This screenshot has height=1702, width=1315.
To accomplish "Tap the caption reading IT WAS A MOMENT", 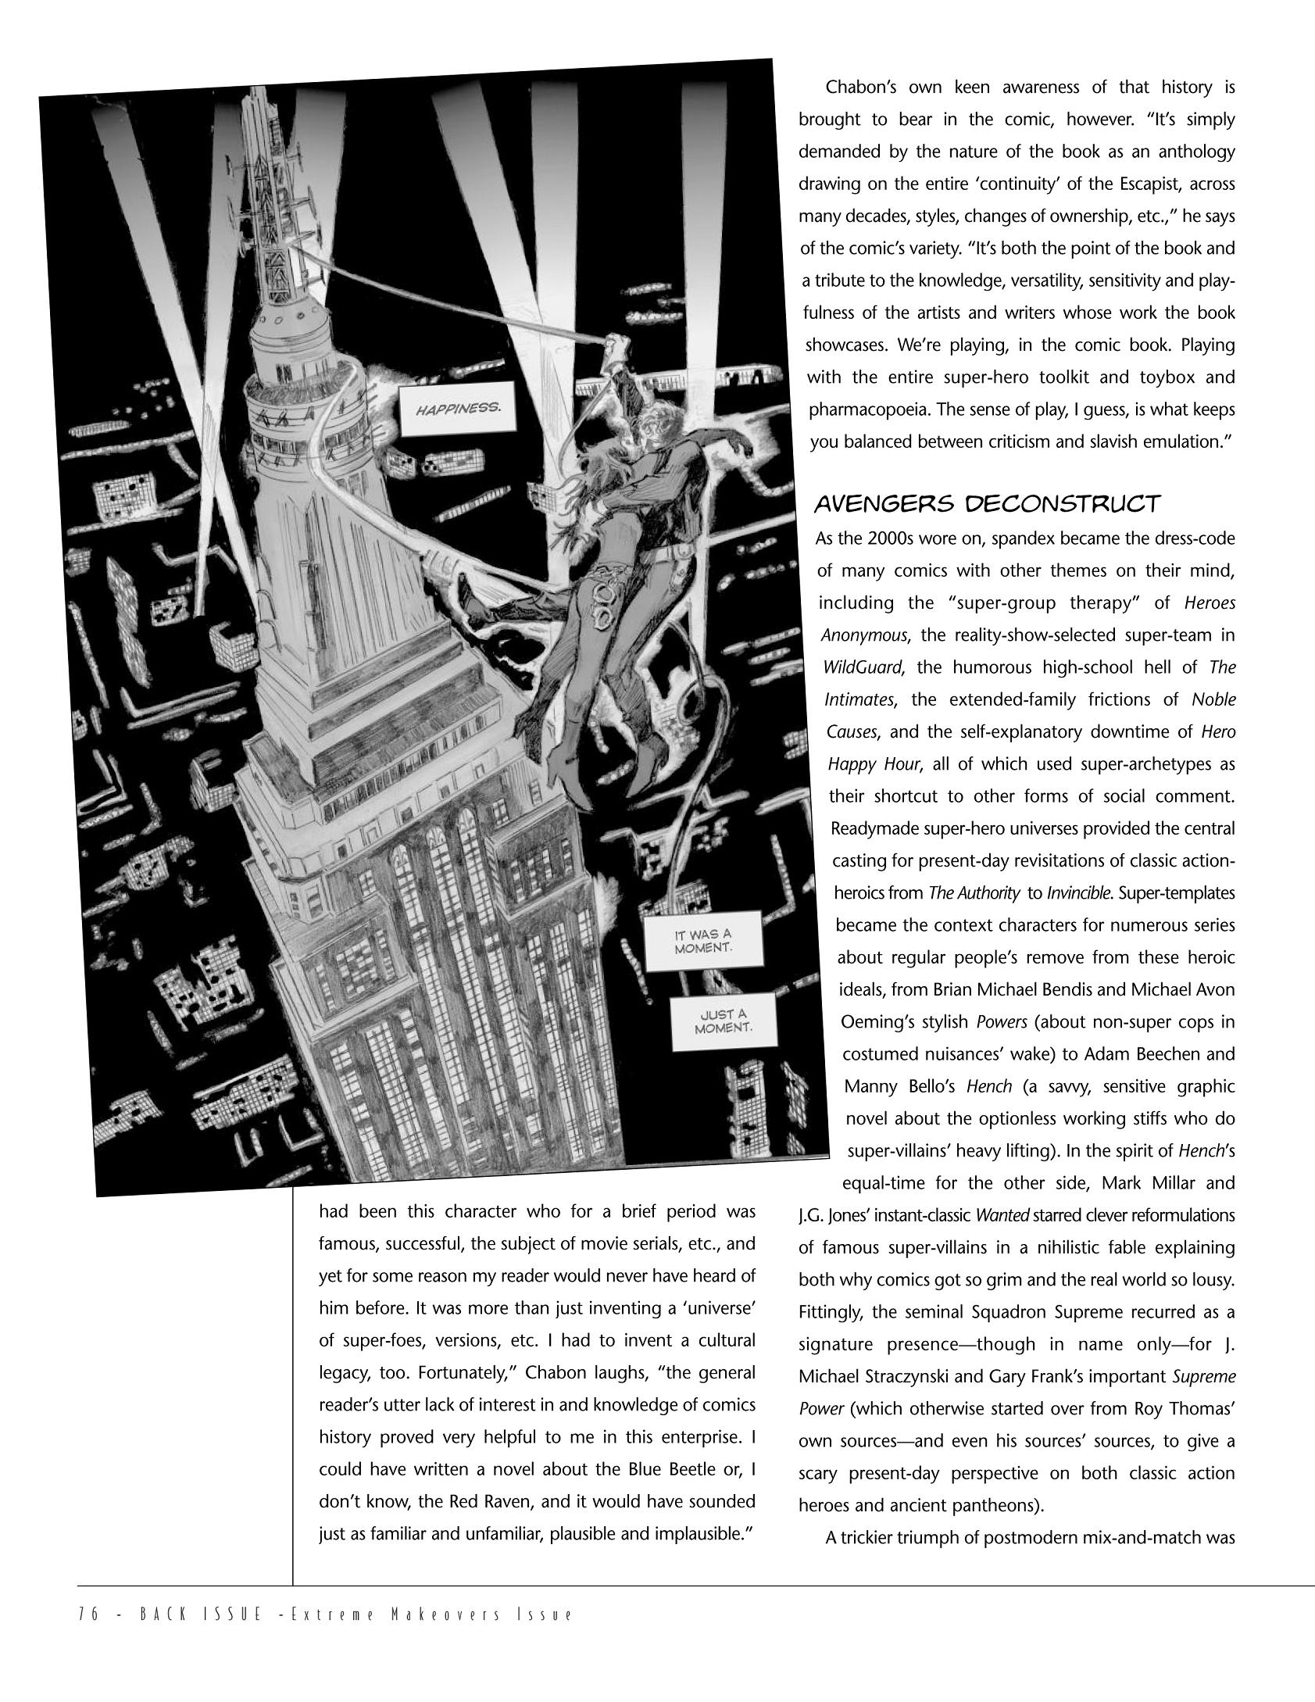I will coord(693,940).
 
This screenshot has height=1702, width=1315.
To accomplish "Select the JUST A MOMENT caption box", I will coord(724,1021).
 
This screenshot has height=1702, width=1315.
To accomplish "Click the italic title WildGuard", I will coord(863,667).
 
